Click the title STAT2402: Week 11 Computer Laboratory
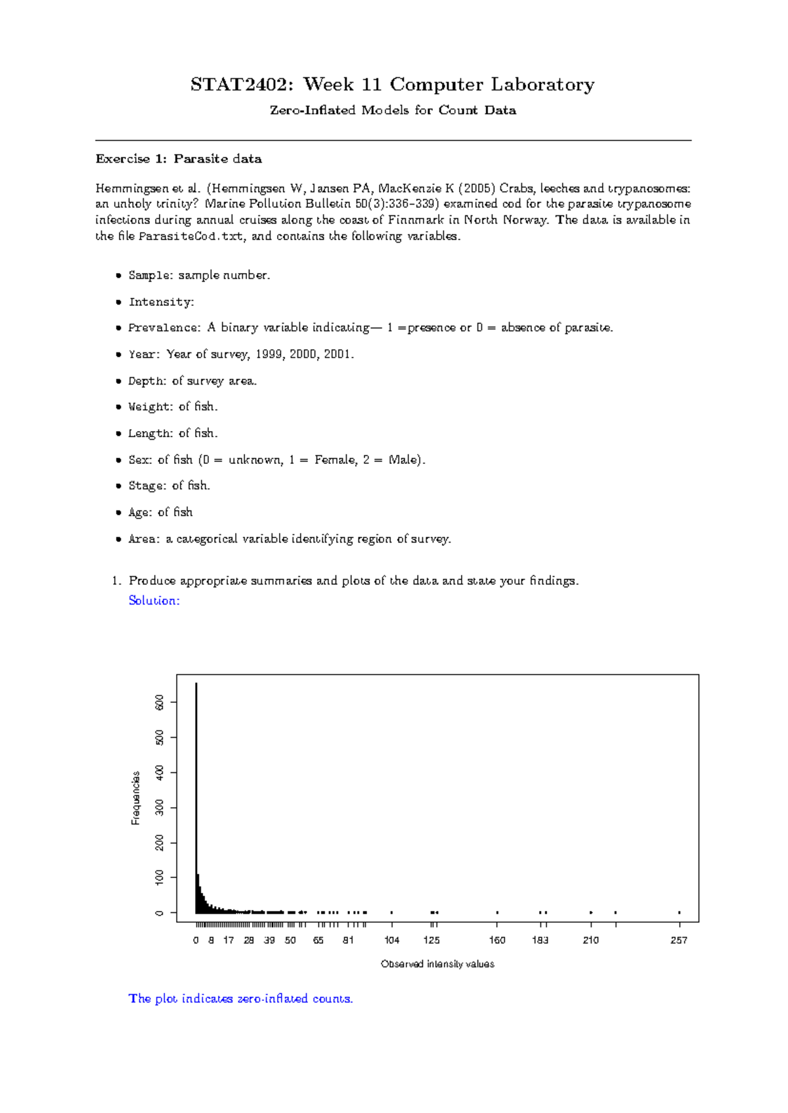pyautogui.click(x=393, y=85)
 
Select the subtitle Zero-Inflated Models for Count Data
pyautogui.click(x=393, y=110)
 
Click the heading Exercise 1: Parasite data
pyautogui.click(x=179, y=159)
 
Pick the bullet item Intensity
pyautogui.click(x=161, y=302)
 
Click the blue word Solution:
pyautogui.click(x=154, y=600)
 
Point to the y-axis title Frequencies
pyautogui.click(x=136, y=797)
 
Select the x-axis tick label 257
pyautogui.click(x=678, y=940)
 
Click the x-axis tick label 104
pyautogui.click(x=391, y=940)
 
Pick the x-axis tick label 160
pyautogui.click(x=497, y=940)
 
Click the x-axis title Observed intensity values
pyautogui.click(x=437, y=964)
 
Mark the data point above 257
pyautogui.click(x=679, y=912)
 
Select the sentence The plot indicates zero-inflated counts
pyautogui.click(x=240, y=999)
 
